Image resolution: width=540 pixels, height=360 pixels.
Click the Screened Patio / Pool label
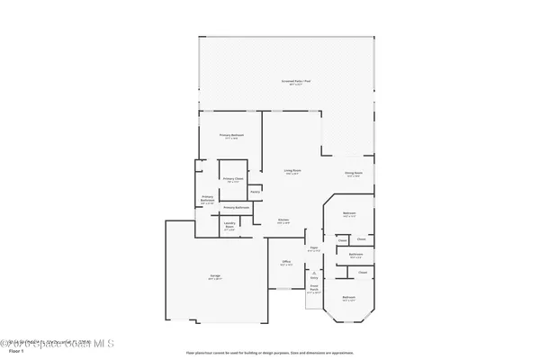pos(288,81)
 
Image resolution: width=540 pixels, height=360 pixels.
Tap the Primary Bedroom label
pos(231,135)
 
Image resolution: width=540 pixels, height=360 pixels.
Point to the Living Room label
pos(292,171)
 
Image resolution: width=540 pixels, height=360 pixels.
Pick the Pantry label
pos(255,191)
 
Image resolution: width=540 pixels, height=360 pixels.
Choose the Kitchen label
pos(283,220)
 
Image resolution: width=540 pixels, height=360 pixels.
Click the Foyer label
pos(314,247)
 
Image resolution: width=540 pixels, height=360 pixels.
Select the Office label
pos(285,262)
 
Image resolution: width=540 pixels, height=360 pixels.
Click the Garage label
pos(216,274)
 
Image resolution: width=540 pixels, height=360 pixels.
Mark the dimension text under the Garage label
pos(216,279)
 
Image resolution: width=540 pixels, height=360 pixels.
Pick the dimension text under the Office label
pos(285,265)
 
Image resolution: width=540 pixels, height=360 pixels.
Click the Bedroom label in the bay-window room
pos(348,296)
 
